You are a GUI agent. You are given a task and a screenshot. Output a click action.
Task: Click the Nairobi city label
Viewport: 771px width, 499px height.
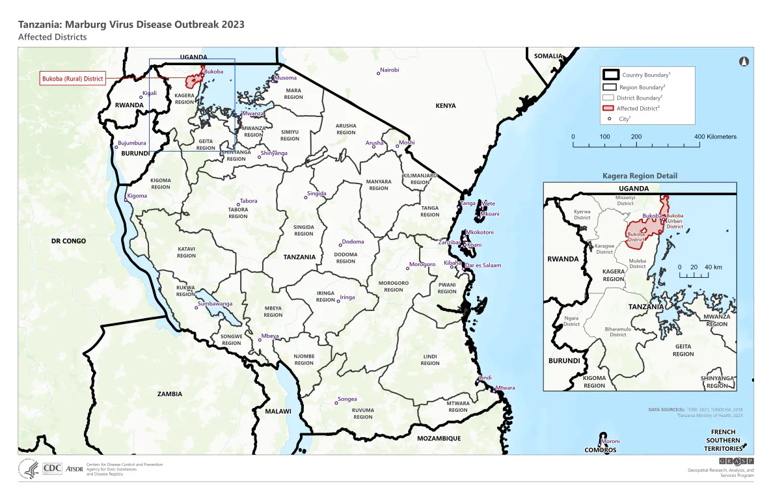coord(389,70)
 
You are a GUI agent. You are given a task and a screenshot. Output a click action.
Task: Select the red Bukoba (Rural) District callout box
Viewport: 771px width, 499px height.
coord(72,79)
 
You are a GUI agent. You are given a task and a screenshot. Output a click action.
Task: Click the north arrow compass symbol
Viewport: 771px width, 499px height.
coord(744,62)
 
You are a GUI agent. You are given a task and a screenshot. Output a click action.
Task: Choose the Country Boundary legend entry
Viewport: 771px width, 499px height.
coord(647,75)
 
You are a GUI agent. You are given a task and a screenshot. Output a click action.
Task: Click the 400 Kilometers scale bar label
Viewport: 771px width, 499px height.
coord(715,137)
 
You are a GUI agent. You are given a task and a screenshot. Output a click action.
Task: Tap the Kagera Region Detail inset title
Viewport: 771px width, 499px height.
coord(640,176)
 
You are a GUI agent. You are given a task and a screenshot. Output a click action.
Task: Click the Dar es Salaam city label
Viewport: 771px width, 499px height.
coord(482,265)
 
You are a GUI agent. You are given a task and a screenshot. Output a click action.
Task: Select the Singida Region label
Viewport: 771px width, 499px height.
coord(304,230)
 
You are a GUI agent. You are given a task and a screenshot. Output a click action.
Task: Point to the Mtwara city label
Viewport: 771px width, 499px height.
coord(505,388)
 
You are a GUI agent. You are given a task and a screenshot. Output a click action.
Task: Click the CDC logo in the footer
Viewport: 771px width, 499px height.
coord(51,468)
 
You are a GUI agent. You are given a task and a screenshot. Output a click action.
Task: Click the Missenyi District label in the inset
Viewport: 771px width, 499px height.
coord(625,200)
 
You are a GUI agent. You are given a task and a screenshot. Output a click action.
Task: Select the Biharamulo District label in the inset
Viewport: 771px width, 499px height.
coord(617,332)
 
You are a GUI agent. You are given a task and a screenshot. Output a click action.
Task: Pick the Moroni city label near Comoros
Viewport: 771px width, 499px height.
coord(610,441)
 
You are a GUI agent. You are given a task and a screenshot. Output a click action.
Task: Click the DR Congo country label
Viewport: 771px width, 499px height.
coord(68,241)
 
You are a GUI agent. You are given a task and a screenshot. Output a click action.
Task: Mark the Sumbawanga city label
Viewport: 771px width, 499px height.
coord(215,304)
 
